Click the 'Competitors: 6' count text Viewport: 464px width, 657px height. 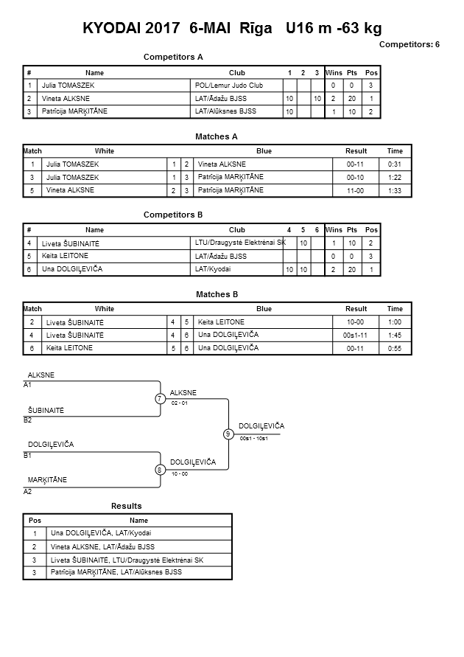pos(409,44)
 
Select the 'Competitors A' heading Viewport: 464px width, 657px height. pos(173,57)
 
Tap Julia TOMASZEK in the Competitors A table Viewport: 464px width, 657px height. pos(68,86)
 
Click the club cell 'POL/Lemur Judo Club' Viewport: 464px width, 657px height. pos(229,86)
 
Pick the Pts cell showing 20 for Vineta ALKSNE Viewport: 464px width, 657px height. pos(352,99)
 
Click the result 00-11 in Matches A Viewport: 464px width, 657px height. pos(355,164)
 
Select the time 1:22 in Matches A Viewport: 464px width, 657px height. pos(395,178)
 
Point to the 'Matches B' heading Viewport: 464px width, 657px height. pos(217,294)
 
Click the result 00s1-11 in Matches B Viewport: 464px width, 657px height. pos(355,336)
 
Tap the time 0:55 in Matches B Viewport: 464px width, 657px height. pos(395,348)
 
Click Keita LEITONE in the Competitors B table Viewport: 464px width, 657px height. pos(65,256)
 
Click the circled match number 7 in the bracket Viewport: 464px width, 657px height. pos(160,398)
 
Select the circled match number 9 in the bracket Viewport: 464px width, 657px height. pos(228,434)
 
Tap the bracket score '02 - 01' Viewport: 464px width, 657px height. pos(180,403)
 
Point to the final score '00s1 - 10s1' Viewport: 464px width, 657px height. pos(254,438)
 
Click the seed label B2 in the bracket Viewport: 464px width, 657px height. pos(27,420)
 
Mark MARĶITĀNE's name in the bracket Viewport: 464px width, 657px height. pos(47,480)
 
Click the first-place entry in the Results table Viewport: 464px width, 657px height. pos(101,533)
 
